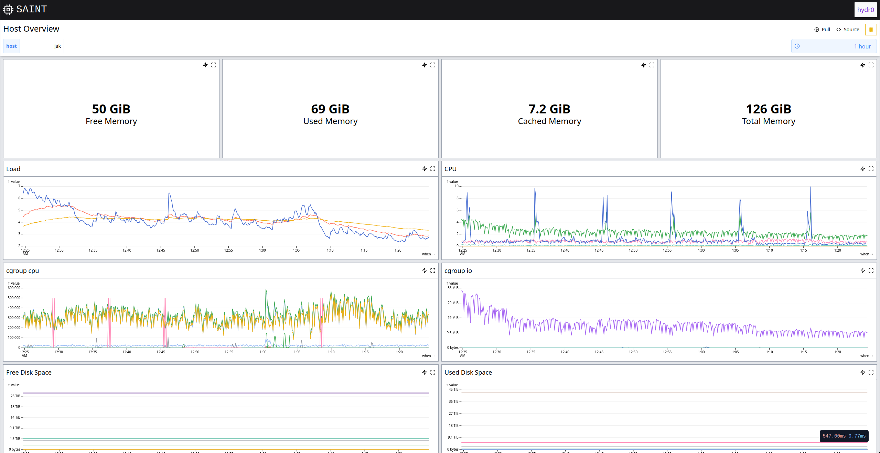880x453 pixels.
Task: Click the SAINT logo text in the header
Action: [31, 9]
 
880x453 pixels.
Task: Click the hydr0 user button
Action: [865, 10]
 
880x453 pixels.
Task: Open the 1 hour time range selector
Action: [834, 46]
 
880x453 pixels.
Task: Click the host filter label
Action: [11, 46]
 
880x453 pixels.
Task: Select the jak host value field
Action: [42, 46]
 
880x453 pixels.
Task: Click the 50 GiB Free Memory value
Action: [111, 109]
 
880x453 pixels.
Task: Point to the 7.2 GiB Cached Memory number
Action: [549, 109]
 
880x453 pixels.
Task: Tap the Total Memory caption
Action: [768, 121]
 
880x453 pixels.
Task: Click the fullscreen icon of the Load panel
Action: [433, 169]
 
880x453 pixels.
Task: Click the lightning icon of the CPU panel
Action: [862, 169]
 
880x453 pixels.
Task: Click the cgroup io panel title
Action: [458, 271]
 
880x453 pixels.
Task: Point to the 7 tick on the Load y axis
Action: [19, 186]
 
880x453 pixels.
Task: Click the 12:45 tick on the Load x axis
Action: [161, 250]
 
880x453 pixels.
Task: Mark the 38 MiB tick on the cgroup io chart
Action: [453, 288]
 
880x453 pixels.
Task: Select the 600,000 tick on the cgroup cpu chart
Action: [14, 288]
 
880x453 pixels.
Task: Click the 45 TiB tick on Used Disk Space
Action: [453, 389]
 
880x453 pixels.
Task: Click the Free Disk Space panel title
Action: [29, 373]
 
